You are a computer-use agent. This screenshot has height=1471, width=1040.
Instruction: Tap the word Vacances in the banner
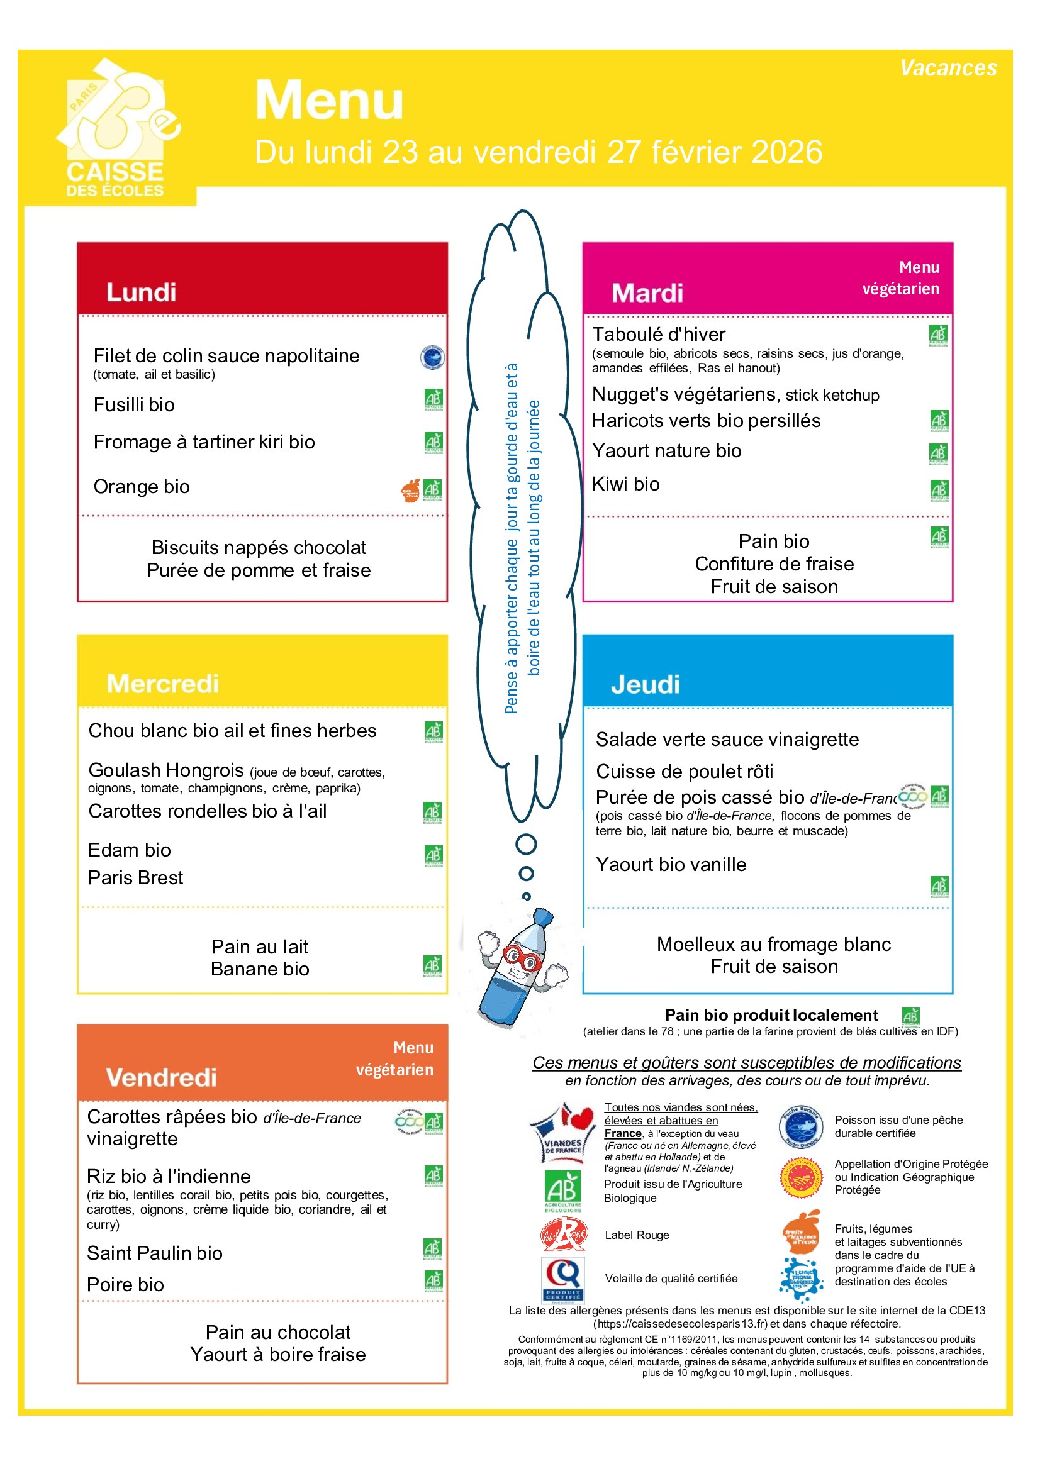pos(948,68)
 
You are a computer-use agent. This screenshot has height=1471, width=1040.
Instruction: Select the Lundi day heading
pos(141,292)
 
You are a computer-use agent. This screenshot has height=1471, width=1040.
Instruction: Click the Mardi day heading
pos(647,293)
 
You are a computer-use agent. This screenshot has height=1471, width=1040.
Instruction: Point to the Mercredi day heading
pos(163,684)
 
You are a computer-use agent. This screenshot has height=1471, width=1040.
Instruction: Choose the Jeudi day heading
pos(645,684)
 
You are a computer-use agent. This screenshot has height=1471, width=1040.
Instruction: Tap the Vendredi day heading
pos(162,1078)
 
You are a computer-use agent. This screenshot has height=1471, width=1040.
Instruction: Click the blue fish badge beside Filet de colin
pos(432,357)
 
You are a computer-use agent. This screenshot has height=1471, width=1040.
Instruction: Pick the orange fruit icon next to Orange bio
pos(411,490)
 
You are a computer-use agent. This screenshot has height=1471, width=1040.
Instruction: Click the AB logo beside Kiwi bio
pos(939,490)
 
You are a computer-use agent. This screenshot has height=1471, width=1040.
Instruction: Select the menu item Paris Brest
pos(136,878)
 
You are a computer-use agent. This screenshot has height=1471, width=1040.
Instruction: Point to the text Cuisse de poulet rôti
pos(685,772)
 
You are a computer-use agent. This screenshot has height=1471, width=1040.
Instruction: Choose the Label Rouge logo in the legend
pos(563,1235)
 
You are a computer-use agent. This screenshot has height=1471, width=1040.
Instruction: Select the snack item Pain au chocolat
pos(278,1332)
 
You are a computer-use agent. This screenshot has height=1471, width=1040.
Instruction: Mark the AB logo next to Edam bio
pos(433,855)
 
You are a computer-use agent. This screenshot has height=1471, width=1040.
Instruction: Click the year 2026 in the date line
pos(786,152)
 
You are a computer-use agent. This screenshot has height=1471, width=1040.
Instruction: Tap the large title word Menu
pos(330,101)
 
